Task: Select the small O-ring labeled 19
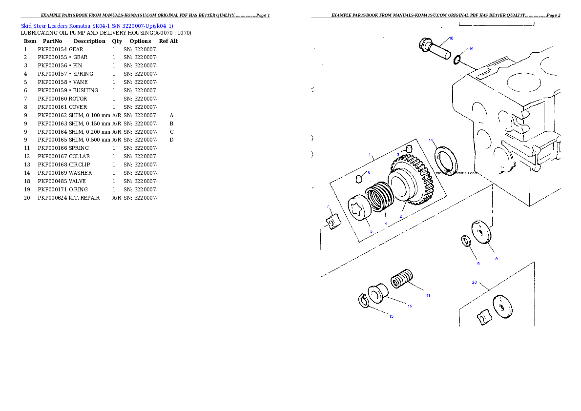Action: pos(457,60)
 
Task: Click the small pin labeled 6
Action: pos(358,178)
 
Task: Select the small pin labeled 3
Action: pos(410,148)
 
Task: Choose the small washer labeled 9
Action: pos(466,241)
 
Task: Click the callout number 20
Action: pos(474,282)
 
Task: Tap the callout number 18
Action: pos(451,38)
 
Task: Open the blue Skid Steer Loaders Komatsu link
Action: pos(97,25)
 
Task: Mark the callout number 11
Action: pos(428,295)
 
